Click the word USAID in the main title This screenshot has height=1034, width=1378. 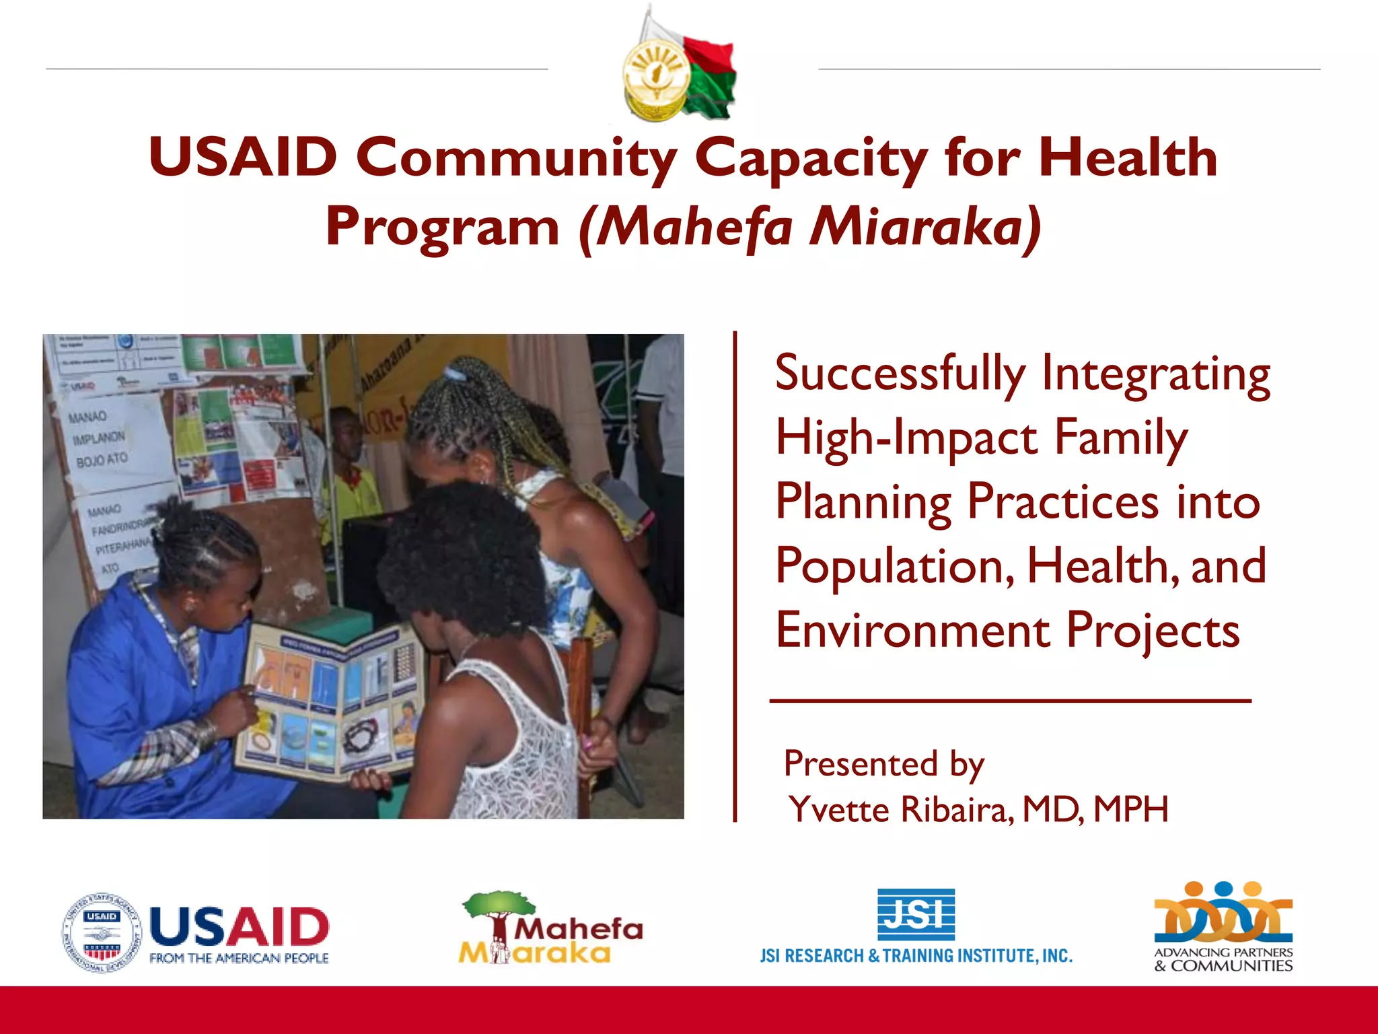[242, 157]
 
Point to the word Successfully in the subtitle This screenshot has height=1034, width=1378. [900, 374]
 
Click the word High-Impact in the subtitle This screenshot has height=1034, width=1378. [906, 438]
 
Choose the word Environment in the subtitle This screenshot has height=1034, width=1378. [912, 631]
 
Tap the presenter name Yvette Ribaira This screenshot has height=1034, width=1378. [902, 809]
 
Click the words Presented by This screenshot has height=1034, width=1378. [883, 764]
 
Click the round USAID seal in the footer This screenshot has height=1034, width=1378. [102, 933]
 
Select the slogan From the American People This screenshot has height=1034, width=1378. [239, 958]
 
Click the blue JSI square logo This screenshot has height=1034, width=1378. [916, 914]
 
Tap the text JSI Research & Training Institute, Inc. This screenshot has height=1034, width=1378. [916, 956]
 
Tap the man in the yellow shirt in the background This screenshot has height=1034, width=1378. [350, 471]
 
